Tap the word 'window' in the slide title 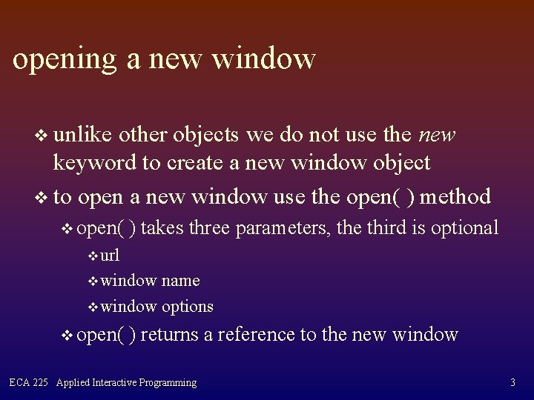[265, 59]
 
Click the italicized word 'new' [437, 135]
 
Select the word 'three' [209, 228]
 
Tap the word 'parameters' [283, 228]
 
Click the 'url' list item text [110, 256]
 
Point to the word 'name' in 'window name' [180, 281]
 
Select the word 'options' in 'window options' [187, 306]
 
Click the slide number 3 [512, 383]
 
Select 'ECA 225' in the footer [28, 383]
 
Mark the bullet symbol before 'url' [93, 257]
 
